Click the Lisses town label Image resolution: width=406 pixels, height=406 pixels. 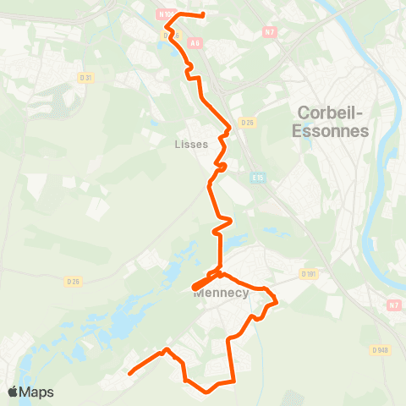coord(190,144)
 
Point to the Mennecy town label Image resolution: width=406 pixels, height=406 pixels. coord(220,294)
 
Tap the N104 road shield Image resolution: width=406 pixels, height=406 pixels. coord(167,14)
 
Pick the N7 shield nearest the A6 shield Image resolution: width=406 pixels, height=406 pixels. coord(271,33)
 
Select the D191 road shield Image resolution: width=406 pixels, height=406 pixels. coord(308,273)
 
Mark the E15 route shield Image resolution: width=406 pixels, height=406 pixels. coord(259,178)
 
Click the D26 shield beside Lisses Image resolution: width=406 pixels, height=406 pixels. coord(247,123)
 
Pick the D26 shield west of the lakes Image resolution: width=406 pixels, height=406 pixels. coord(73,281)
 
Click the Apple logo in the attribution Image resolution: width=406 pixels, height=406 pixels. coord(13,392)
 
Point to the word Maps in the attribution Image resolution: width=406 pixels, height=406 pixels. coord(37,392)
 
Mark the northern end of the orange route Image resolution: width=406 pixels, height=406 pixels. coord(204,15)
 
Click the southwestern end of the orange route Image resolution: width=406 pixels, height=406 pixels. coord(129,372)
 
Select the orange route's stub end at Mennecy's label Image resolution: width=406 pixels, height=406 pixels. coord(195,288)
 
